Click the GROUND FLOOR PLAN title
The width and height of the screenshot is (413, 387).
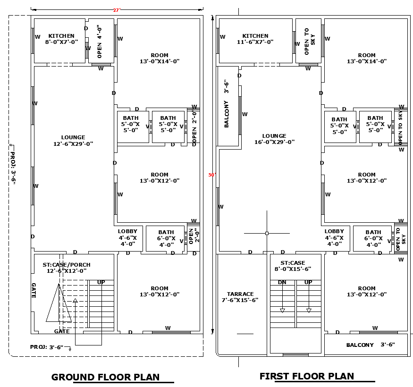coord(105,377)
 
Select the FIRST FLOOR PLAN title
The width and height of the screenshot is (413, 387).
coord(306,376)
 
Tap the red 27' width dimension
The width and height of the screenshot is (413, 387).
coord(116,10)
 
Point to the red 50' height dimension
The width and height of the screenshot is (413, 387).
coord(212,175)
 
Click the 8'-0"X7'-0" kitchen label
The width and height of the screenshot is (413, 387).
coord(61,39)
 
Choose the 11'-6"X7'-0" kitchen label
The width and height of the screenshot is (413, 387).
coord(255,39)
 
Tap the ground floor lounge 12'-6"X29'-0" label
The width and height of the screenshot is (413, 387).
coord(73,141)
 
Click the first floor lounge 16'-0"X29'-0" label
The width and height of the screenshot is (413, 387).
coord(274,139)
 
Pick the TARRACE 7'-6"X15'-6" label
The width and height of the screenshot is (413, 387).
coord(240,297)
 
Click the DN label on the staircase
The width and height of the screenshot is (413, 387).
coord(282,282)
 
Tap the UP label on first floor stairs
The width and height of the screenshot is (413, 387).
coord(308,282)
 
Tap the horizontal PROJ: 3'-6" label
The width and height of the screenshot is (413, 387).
coord(47,347)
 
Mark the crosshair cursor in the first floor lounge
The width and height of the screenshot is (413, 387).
coord(267,233)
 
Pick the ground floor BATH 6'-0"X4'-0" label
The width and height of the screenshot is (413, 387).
coord(166,238)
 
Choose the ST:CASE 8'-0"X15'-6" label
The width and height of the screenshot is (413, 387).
coord(293,266)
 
